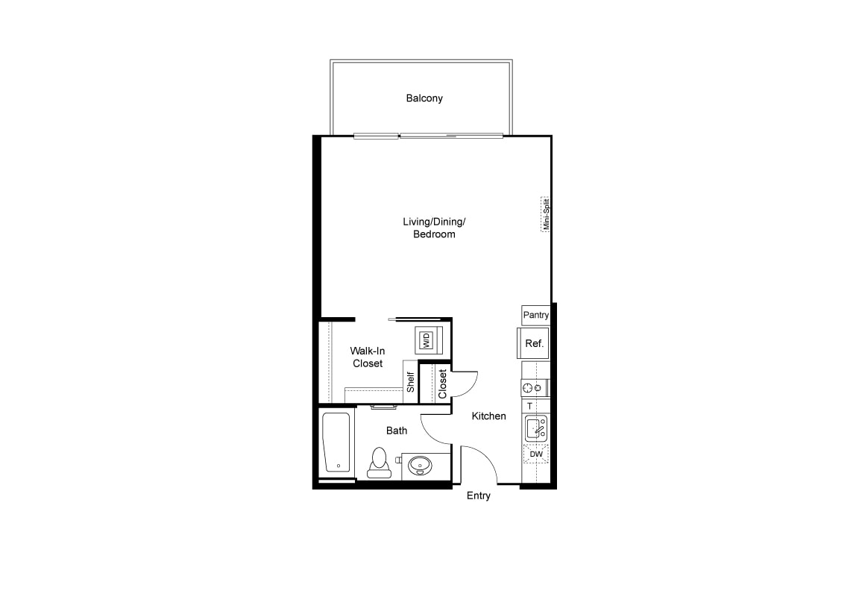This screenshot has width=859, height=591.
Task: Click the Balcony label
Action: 424,98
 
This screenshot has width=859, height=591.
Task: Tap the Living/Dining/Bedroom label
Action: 434,228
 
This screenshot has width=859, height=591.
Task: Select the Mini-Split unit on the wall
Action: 545,214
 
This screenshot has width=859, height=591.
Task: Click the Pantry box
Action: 535,315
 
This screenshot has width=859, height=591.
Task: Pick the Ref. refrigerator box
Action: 533,344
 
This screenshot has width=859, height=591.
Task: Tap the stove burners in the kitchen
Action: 532,388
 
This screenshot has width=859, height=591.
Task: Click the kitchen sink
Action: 536,428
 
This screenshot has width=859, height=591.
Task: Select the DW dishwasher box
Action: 536,454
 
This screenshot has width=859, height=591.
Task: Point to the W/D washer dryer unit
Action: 426,340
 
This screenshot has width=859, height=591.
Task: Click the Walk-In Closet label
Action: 368,357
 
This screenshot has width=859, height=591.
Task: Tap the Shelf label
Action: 410,382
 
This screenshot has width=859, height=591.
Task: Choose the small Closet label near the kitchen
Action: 443,384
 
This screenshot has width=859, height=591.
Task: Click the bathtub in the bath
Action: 336,443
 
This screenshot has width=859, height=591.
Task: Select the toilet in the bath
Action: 379,463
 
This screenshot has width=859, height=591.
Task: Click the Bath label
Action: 397,431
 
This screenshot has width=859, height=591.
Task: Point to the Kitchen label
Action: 488,416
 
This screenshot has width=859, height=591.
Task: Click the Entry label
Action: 478,495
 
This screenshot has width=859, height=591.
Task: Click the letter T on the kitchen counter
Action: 529,406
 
